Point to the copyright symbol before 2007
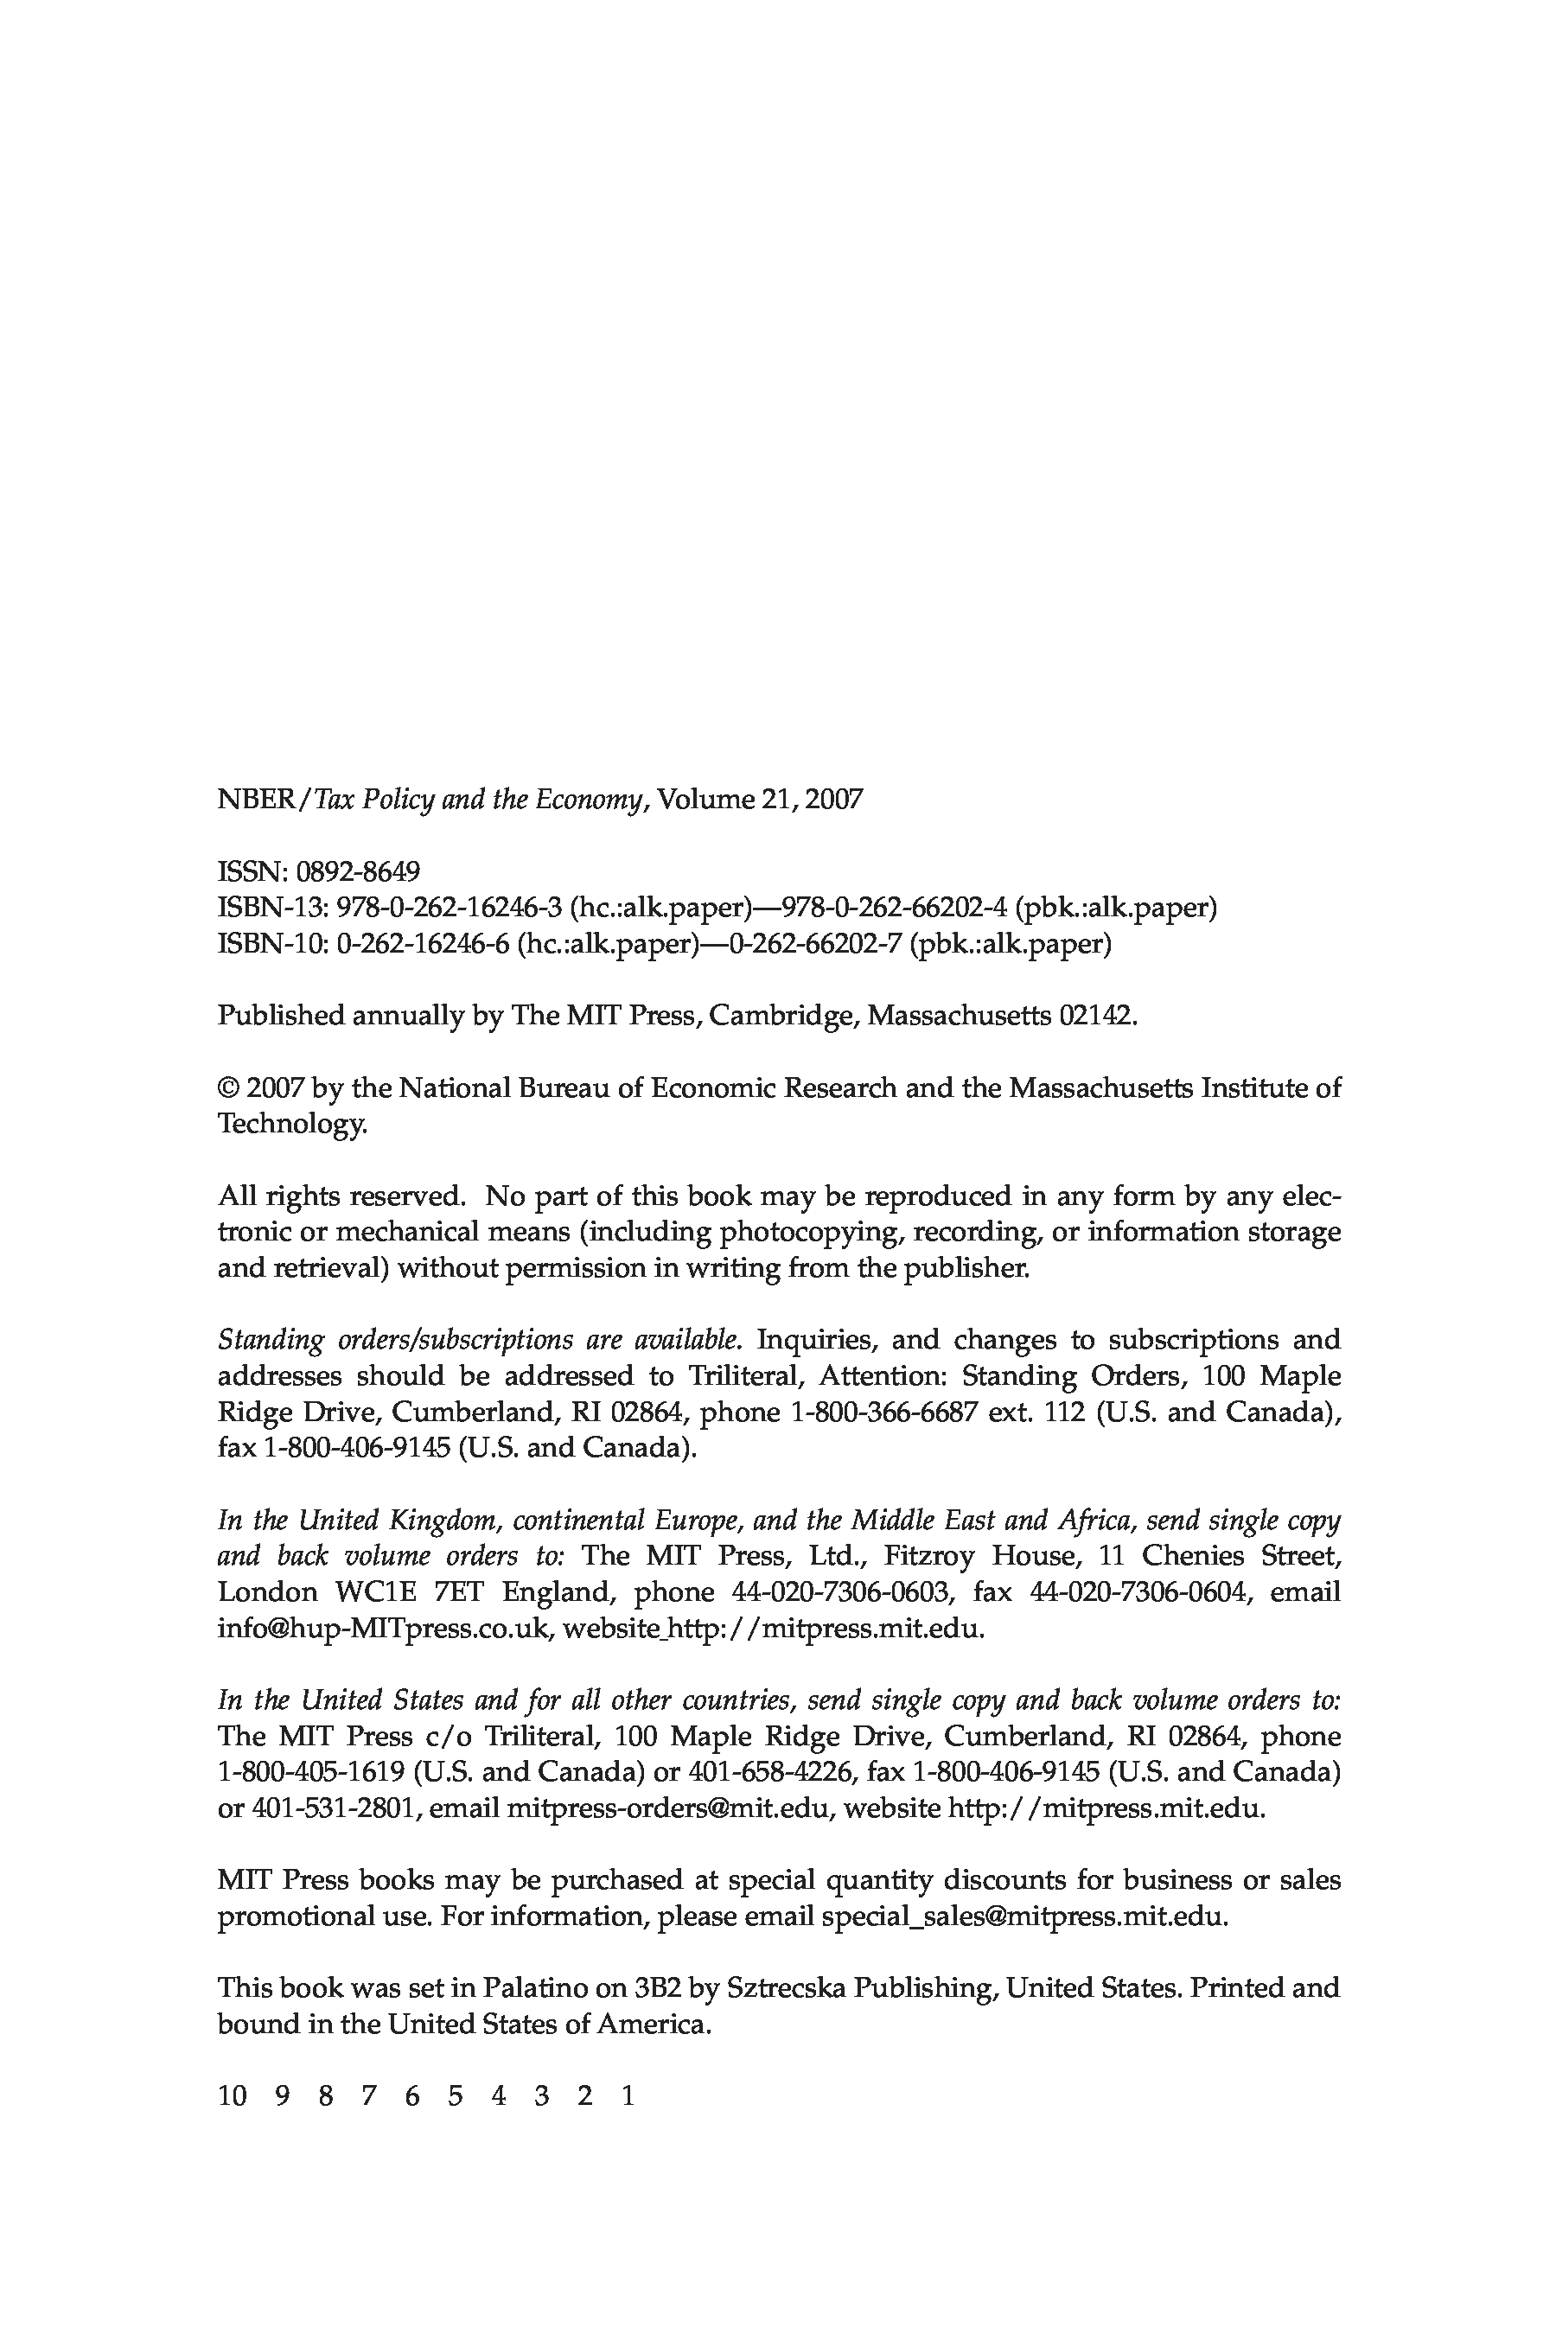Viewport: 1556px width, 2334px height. [x=228, y=1087]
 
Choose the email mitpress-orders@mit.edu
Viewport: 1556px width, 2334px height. [x=666, y=1808]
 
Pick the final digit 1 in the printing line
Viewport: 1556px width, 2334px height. [x=628, y=2095]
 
